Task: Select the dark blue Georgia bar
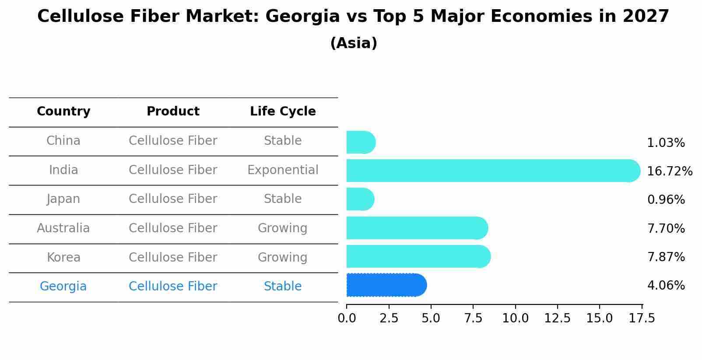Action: [x=385, y=285]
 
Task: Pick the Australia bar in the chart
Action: [x=416, y=228]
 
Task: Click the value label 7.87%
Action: [x=666, y=257]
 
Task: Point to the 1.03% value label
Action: [x=666, y=143]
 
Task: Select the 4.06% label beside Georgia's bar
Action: [x=666, y=286]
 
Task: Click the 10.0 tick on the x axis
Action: [x=515, y=318]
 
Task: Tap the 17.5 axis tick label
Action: [x=642, y=318]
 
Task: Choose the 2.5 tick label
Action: [x=389, y=318]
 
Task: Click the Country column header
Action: [x=63, y=112]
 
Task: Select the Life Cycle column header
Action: [x=283, y=112]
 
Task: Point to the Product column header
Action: [x=173, y=112]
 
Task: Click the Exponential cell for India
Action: [x=283, y=170]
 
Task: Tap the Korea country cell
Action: [x=63, y=258]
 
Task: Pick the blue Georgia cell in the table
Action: [x=63, y=287]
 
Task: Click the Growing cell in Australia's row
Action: [x=283, y=228]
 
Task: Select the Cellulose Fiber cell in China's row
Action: [x=173, y=141]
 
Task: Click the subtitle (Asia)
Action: [x=354, y=43]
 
